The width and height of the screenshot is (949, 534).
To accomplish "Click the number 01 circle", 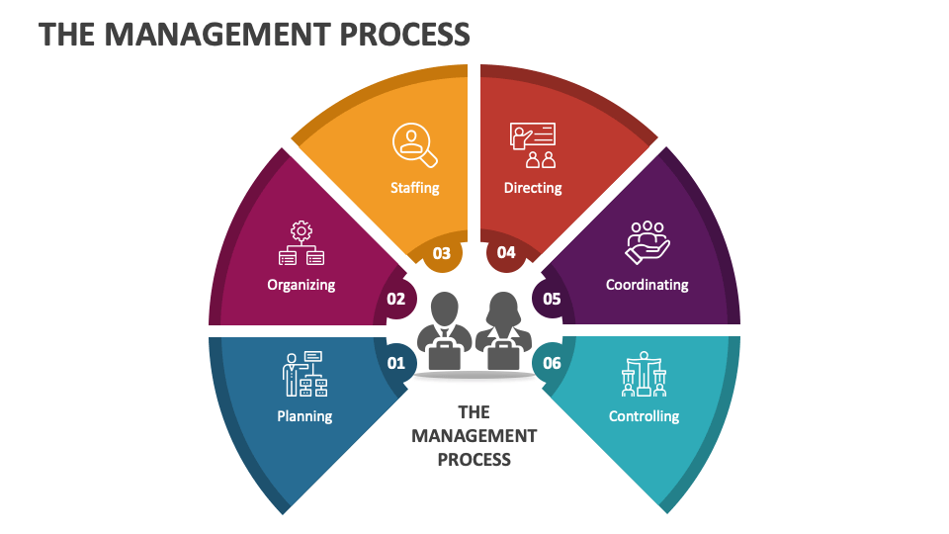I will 396,363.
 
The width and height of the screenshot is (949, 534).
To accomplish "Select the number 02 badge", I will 396,298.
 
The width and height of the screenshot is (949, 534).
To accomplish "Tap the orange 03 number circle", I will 442,253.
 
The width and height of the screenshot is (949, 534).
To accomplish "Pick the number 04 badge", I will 506,253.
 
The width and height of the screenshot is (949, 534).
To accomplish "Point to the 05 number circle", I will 552,298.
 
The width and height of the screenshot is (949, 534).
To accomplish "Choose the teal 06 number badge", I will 552,363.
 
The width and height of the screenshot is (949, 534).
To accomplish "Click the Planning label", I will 304,416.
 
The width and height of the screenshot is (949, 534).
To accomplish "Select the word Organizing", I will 302,285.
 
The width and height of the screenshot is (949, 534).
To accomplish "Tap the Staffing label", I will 415,187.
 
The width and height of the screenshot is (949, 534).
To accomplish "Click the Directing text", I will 533,187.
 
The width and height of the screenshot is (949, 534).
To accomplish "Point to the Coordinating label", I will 647,285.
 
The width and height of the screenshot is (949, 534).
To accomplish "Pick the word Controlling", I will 644,416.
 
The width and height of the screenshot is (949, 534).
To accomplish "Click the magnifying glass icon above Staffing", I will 414,144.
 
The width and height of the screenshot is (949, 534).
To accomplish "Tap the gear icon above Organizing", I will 302,232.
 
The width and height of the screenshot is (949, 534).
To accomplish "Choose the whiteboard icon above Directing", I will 533,144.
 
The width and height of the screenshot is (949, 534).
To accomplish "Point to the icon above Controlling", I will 645,374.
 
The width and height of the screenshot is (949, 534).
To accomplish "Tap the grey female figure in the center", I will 502,331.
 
